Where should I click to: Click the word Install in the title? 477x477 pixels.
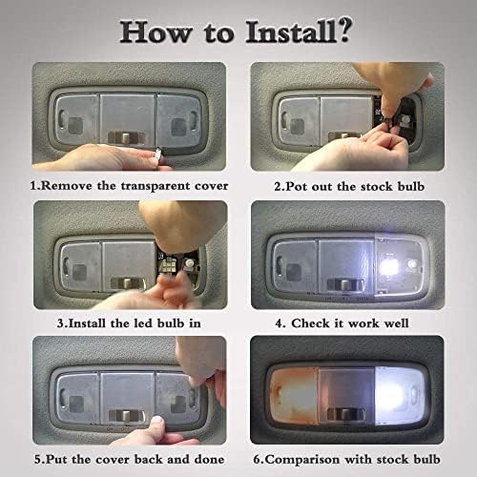click(x=291, y=31)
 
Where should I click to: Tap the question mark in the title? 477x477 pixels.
click(x=344, y=30)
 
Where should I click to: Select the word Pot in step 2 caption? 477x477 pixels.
click(x=297, y=186)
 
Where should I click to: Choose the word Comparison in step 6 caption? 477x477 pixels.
click(x=302, y=460)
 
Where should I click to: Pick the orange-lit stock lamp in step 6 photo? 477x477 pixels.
click(x=293, y=396)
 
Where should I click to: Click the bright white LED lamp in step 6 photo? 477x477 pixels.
click(x=400, y=395)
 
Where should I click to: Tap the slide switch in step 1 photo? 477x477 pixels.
click(x=126, y=137)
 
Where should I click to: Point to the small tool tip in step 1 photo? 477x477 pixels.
click(x=159, y=155)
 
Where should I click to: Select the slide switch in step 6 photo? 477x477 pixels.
click(x=345, y=413)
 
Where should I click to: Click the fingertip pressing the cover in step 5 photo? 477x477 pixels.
click(x=156, y=424)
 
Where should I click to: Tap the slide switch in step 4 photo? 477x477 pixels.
click(x=345, y=284)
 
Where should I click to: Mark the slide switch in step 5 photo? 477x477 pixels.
click(x=127, y=415)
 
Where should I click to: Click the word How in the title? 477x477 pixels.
click(x=156, y=32)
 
